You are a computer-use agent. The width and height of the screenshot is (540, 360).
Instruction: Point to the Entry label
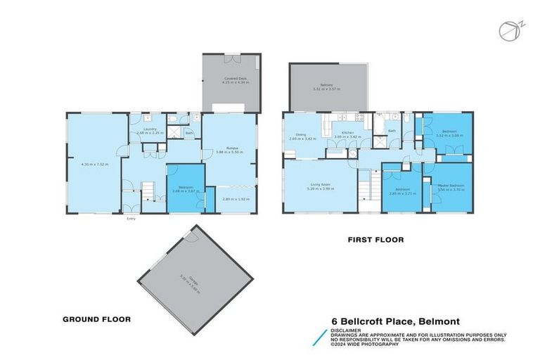coord(131,219)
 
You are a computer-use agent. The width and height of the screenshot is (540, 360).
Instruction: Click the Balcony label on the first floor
coord(326,86)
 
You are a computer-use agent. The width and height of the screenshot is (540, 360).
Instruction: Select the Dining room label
coord(300,135)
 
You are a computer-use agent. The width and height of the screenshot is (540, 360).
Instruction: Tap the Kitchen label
coord(346,133)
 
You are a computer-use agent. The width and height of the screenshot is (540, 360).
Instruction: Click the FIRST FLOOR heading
coord(376,240)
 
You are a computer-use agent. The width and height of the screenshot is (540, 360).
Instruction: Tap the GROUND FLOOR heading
coord(98,319)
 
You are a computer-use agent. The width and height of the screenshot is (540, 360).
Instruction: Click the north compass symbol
coord(508,31)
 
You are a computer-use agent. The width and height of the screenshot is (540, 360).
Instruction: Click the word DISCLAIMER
coord(347,328)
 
